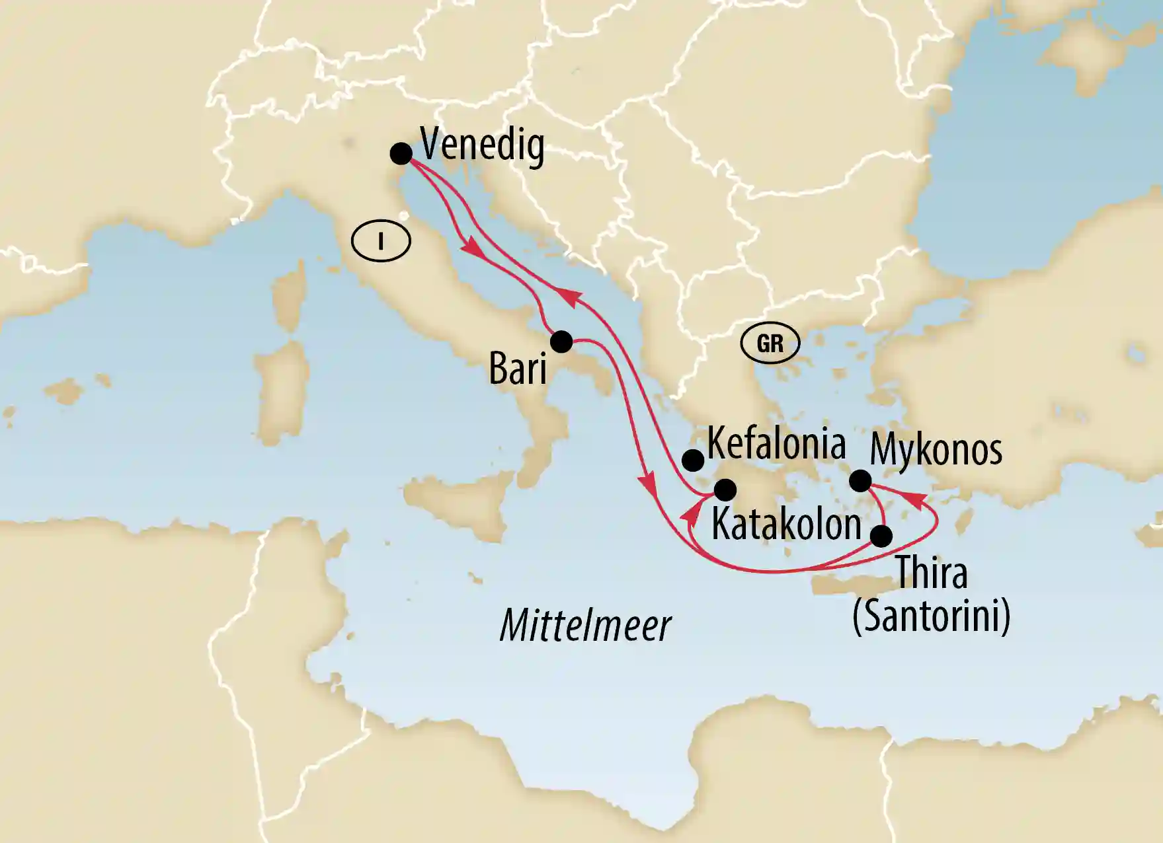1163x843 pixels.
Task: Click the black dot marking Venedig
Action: (401, 153)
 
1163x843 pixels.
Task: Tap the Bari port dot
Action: (561, 342)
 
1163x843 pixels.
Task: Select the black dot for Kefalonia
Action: (692, 460)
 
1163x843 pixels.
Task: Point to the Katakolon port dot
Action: (725, 490)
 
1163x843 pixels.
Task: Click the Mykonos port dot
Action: (860, 480)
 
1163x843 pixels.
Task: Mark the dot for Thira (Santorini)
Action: (881, 536)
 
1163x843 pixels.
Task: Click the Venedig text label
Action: (483, 145)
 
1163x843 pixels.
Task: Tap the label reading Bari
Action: (518, 369)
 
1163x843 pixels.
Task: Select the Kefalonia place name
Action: (776, 443)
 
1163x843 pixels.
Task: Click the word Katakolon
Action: (786, 525)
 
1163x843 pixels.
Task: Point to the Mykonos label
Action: (936, 449)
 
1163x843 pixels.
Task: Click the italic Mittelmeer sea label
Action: (586, 625)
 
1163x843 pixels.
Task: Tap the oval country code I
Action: (381, 242)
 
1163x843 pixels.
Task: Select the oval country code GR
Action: (770, 344)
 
